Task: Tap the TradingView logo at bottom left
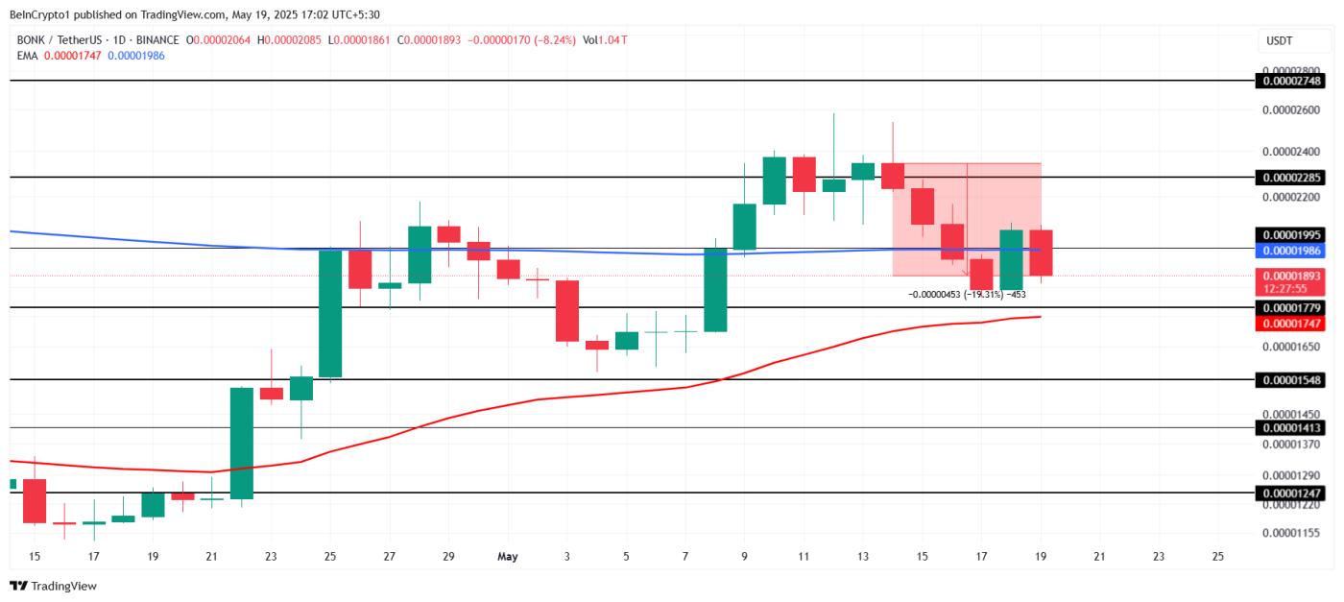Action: click(54, 586)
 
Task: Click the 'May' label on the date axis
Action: click(508, 556)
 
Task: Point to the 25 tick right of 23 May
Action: click(1218, 556)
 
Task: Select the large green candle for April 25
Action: click(330, 313)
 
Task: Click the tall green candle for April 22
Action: click(242, 444)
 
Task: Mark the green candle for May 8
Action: click(715, 290)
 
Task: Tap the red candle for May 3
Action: click(567, 310)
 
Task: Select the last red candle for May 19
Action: click(1042, 253)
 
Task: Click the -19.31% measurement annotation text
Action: click(967, 295)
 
